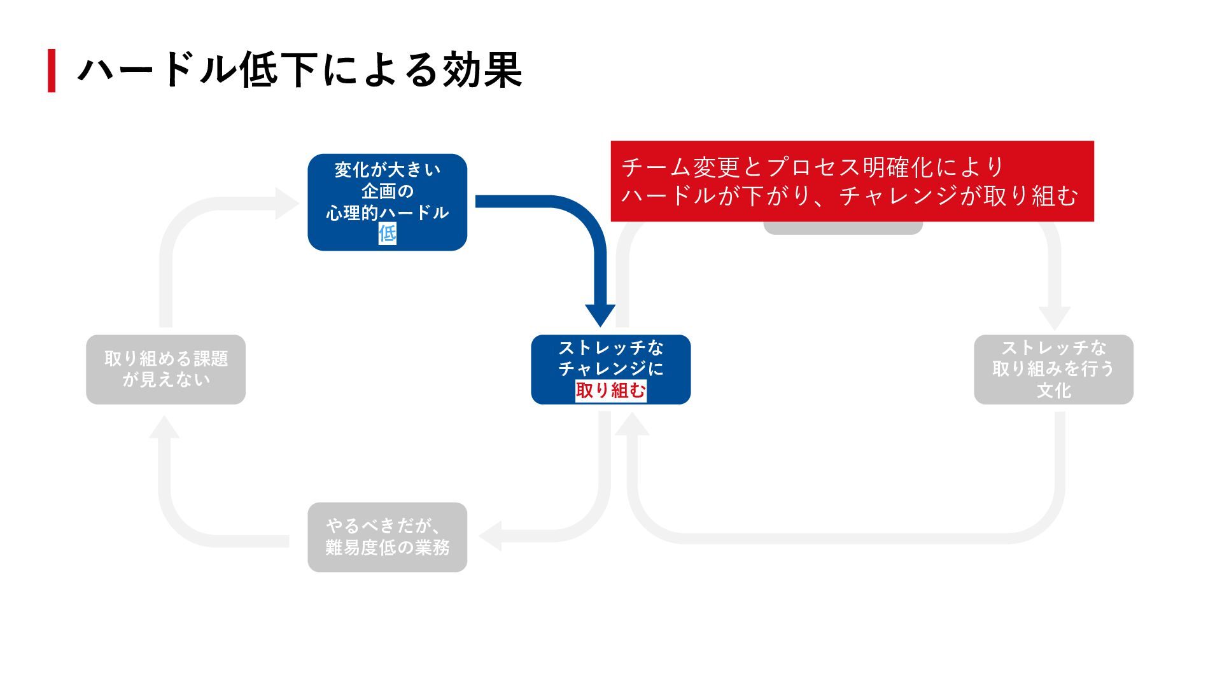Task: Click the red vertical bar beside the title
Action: pos(52,71)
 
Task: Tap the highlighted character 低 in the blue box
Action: pos(387,233)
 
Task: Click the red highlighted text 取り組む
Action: pos(610,390)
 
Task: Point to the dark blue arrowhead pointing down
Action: pos(600,315)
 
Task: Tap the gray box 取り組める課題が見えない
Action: pos(165,369)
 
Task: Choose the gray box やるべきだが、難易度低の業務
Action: pos(387,537)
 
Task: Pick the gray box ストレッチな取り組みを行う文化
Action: pos(1053,369)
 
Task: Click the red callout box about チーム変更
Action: pos(852,181)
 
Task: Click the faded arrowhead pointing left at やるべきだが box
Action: pos(491,536)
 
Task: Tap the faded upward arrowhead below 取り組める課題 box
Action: pos(164,427)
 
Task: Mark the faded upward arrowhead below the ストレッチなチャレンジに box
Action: pos(633,424)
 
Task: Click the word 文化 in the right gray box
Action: pos(1053,390)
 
